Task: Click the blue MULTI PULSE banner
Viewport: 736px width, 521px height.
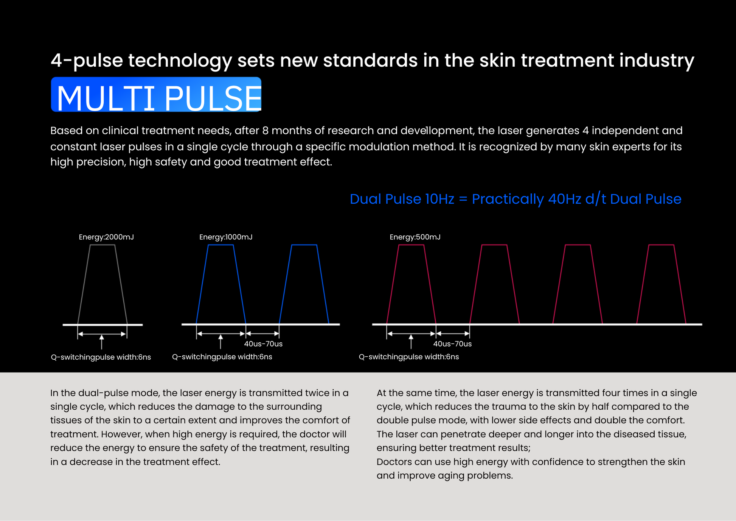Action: tap(156, 95)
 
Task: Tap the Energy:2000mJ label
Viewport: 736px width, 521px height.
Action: tap(106, 237)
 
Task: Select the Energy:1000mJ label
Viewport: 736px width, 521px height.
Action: tap(226, 237)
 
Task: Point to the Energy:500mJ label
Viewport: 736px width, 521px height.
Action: tap(415, 237)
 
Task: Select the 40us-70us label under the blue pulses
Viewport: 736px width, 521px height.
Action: tap(263, 344)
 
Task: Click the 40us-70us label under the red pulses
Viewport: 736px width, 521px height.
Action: tap(452, 344)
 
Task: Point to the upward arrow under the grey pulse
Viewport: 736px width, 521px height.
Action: tap(101, 342)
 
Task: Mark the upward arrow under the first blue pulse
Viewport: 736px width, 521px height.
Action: tap(220, 342)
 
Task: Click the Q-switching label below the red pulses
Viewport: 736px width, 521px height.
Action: tap(409, 357)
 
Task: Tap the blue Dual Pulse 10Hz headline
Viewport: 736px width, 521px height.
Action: tap(516, 199)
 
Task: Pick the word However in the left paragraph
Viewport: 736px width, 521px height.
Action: tap(119, 434)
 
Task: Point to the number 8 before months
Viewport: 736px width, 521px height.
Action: tap(265, 131)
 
